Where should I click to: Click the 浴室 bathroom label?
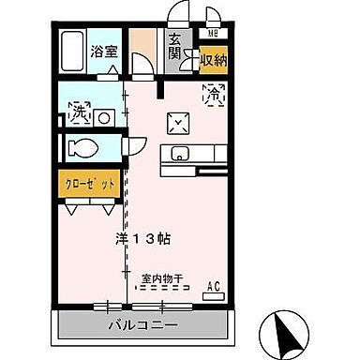click(104, 52)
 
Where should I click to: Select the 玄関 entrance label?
click(174, 46)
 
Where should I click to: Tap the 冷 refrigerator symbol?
click(214, 94)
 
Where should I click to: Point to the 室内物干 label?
click(162, 278)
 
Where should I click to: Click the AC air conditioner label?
click(213, 285)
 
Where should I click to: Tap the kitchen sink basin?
click(180, 155)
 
